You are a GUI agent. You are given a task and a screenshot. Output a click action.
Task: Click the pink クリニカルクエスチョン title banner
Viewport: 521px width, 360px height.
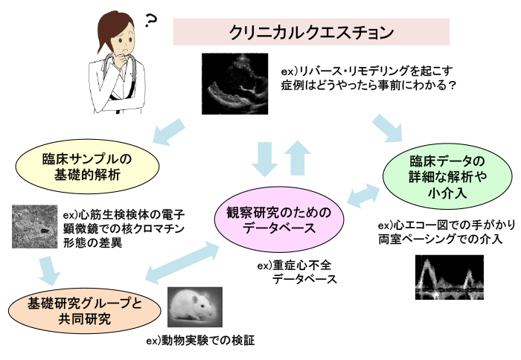click(311, 32)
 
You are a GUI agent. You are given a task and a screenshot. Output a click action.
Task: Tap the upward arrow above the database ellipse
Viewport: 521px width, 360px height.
click(299, 157)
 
